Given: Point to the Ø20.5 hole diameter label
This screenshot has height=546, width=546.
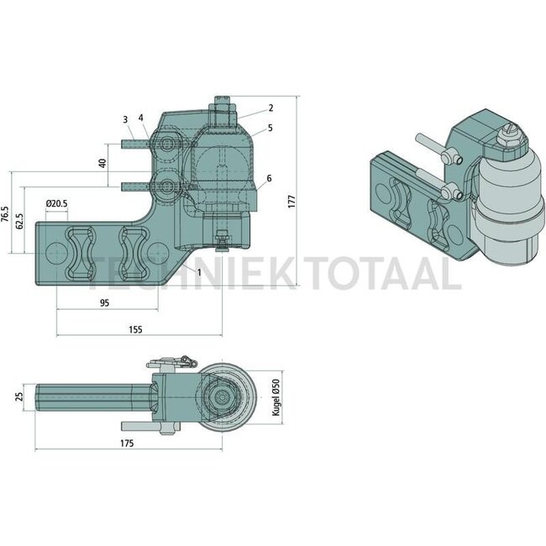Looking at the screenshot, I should (x=57, y=203).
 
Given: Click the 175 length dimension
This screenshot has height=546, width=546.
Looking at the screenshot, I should (x=128, y=441).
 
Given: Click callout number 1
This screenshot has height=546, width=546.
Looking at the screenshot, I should (x=199, y=272).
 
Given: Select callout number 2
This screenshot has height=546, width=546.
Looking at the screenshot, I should (x=271, y=108).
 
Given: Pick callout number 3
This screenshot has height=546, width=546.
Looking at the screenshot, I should (x=124, y=118).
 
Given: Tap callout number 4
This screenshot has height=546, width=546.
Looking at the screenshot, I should (x=141, y=118).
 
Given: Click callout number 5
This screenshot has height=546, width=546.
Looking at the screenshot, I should (x=271, y=128).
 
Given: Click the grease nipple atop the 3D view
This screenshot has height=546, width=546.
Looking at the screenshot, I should (x=509, y=135).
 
